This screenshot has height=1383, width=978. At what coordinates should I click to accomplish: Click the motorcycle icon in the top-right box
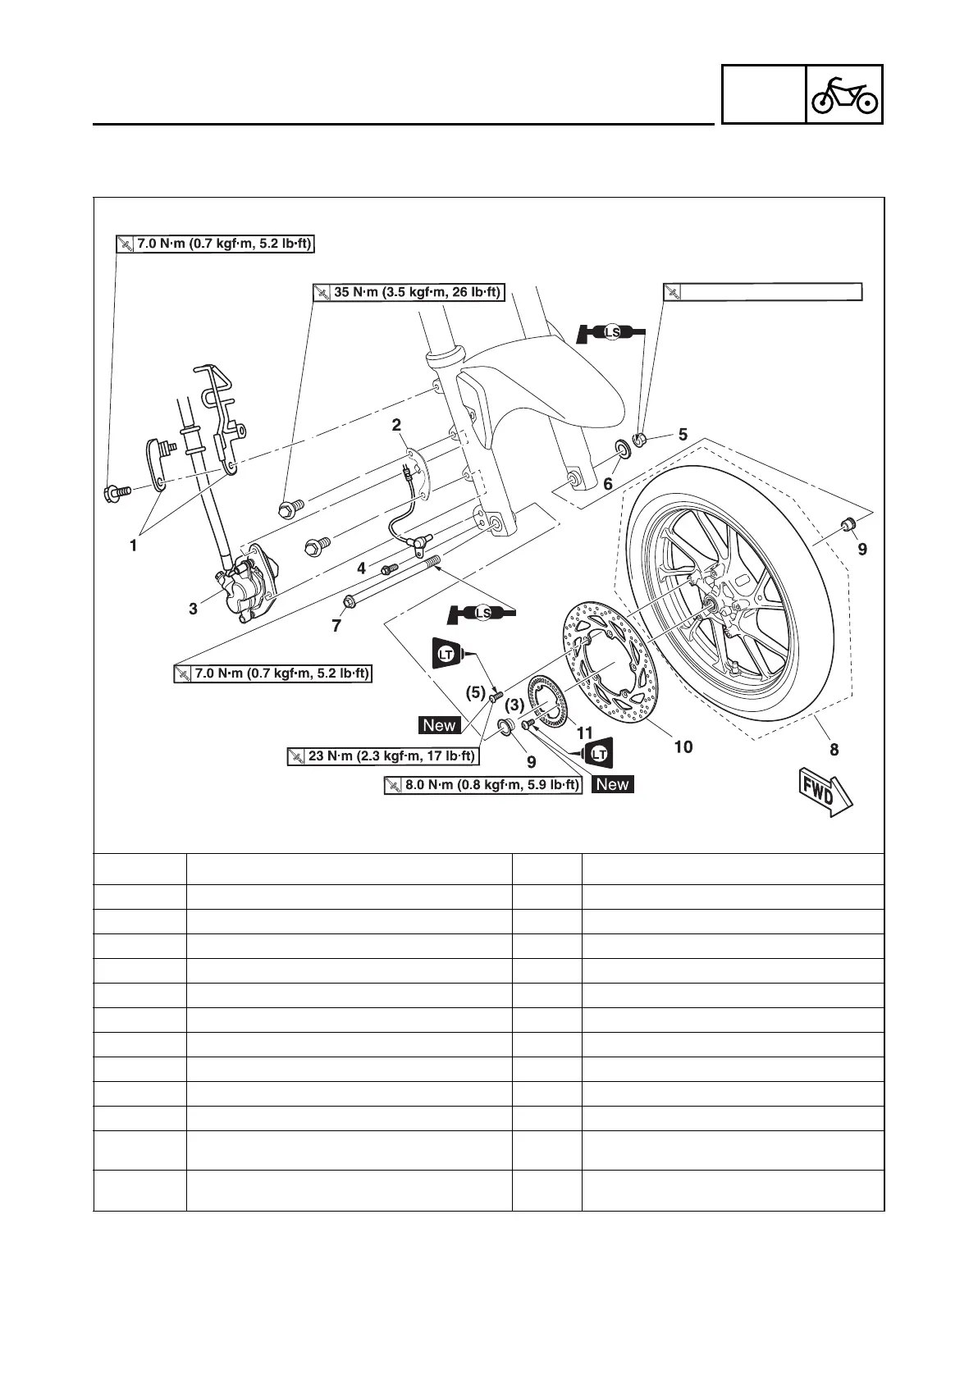pos(844,96)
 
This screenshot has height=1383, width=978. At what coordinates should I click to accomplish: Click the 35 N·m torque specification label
pos(408,292)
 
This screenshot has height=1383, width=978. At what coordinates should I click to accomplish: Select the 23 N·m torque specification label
pos(383,755)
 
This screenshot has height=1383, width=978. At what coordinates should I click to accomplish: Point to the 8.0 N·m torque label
pos(482,785)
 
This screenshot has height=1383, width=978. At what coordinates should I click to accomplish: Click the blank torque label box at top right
pos(762,292)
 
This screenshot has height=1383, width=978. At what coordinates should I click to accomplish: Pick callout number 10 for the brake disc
pos(683,746)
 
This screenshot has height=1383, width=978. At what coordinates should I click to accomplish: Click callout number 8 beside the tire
pos(834,749)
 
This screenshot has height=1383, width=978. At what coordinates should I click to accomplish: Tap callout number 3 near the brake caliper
pos(193,609)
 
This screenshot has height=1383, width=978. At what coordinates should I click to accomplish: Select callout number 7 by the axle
pos(336,626)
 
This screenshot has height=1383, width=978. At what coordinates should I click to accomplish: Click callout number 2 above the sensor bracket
pos(396,425)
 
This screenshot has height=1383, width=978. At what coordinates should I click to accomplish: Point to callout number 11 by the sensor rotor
pos(583,732)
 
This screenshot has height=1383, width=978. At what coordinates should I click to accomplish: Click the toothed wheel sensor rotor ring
pos(546,701)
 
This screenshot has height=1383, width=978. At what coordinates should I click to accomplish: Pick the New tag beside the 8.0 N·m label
pos(613,784)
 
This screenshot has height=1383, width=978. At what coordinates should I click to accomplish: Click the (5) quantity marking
pos(476,692)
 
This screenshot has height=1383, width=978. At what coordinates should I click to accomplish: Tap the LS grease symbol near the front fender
pos(611,332)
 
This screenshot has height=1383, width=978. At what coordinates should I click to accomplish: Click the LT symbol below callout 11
pos(598,752)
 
